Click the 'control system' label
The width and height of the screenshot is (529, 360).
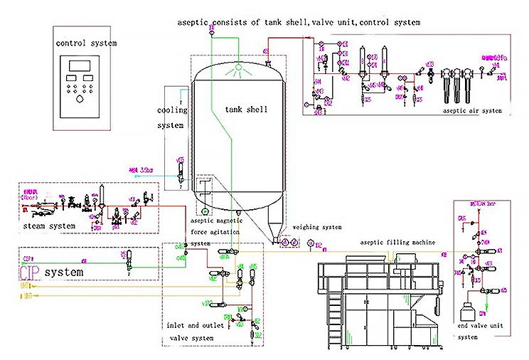click(x=85, y=43)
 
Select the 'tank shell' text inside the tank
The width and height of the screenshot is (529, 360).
click(x=245, y=110)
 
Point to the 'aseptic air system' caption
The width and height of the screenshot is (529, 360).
click(x=472, y=110)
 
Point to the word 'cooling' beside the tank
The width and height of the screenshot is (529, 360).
click(x=173, y=110)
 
